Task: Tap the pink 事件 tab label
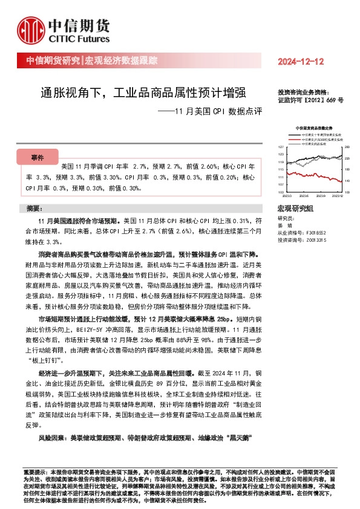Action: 37,158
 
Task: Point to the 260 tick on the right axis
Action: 347,148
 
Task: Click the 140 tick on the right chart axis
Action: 347,181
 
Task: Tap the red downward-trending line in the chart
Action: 327,176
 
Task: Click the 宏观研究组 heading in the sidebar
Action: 295,208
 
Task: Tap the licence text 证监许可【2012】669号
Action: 310,99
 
